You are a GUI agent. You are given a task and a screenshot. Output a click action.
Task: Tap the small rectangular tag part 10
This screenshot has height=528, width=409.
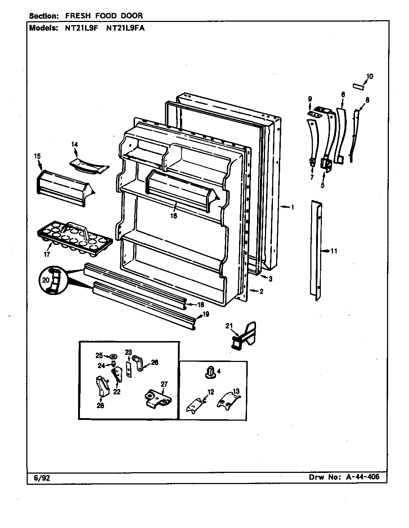tap(359, 87)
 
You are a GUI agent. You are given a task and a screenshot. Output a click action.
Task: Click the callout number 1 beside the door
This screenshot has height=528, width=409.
tap(293, 207)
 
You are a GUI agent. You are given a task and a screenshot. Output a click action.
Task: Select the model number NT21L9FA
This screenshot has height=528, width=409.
tap(125, 28)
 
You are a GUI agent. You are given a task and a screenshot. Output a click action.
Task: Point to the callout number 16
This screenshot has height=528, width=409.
tap(174, 216)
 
